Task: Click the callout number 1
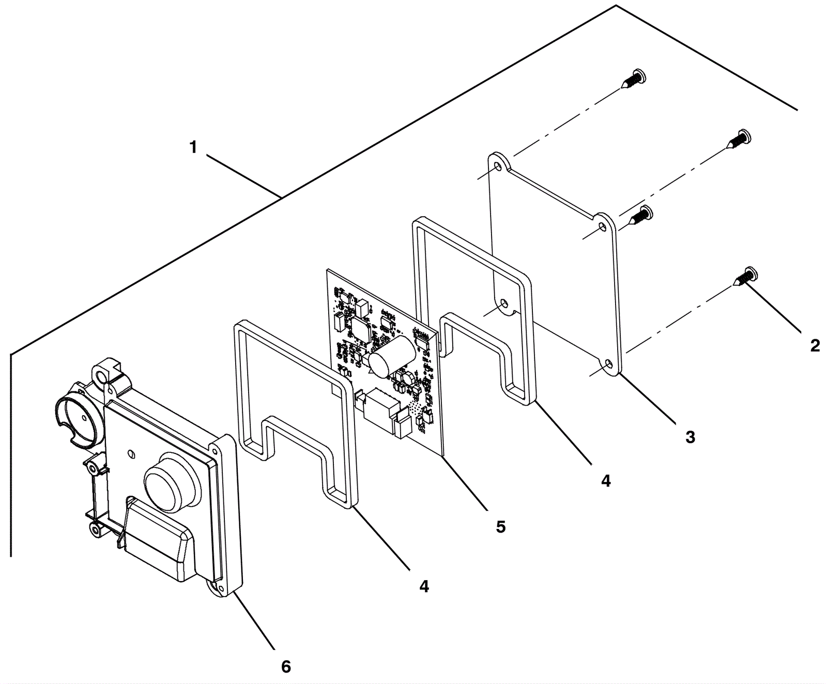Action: [x=193, y=148]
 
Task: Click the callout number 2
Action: [x=815, y=345]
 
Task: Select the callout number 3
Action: [x=690, y=437]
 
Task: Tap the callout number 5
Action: [x=500, y=527]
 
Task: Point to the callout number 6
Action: [x=286, y=666]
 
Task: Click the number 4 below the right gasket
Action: [x=606, y=481]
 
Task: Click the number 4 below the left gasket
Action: [x=424, y=586]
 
